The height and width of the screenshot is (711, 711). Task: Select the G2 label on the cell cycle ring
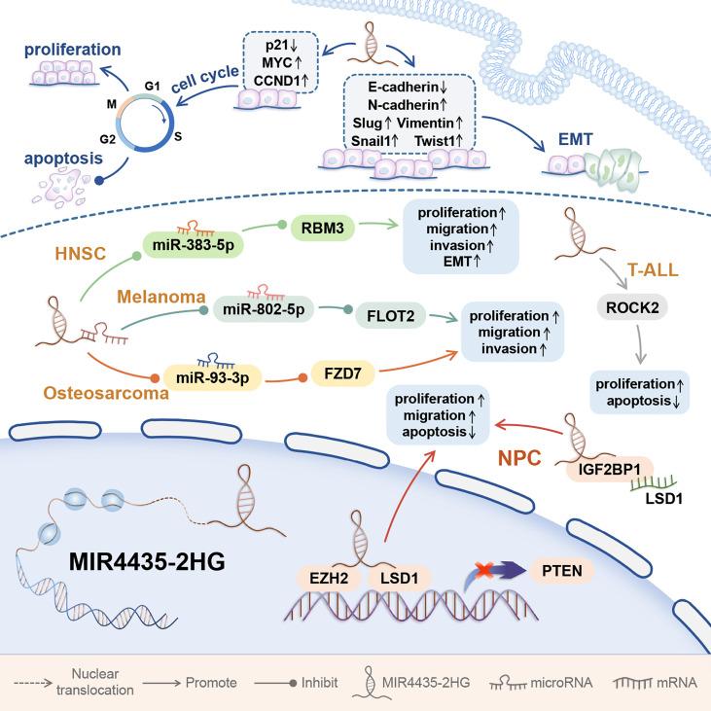coord(94,139)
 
